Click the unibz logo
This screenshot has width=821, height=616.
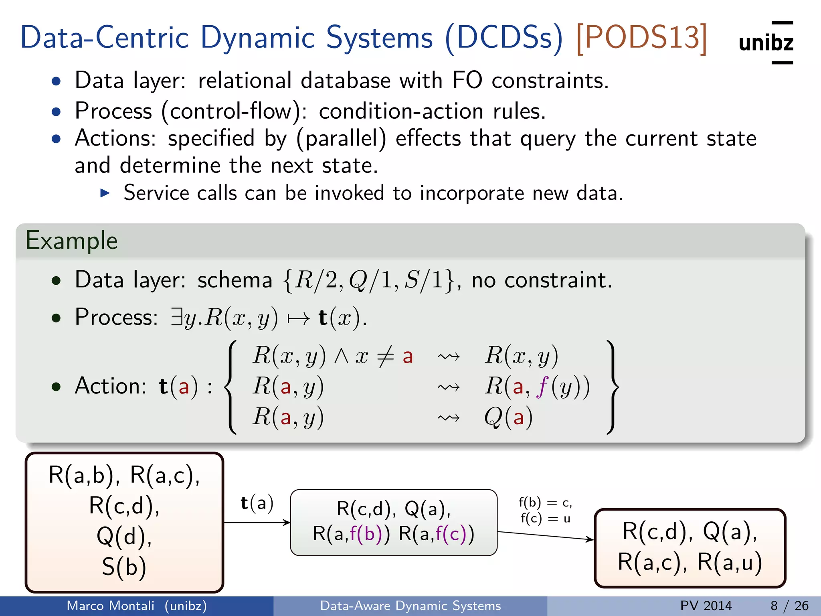click(766, 43)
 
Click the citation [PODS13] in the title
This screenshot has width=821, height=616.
click(641, 38)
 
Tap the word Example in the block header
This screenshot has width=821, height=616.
click(71, 241)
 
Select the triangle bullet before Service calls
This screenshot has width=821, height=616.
click(105, 193)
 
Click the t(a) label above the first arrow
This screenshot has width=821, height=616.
click(257, 503)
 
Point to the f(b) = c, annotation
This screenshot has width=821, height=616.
click(545, 502)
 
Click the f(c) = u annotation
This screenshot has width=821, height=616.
click(545, 519)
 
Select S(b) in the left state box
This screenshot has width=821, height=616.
click(124, 566)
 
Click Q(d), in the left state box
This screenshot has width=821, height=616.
click(124, 536)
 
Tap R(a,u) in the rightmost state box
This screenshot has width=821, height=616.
click(730, 561)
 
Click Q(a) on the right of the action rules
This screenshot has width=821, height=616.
click(508, 417)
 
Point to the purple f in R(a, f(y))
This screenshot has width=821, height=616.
click(542, 387)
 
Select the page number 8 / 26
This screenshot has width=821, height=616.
click(789, 606)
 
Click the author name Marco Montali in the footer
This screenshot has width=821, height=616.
click(110, 606)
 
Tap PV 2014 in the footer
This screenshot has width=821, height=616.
click(706, 606)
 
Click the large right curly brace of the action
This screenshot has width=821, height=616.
click(612, 387)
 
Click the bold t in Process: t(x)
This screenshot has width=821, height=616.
click(323, 317)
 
